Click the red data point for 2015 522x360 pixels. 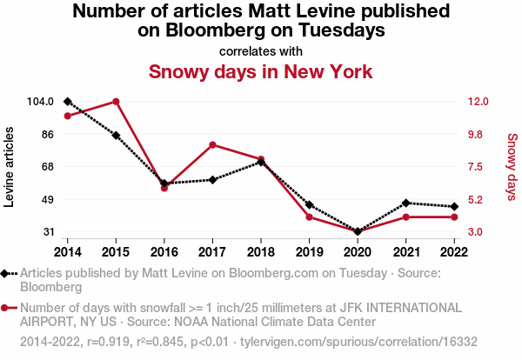[116, 102]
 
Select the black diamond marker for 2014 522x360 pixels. [68, 102]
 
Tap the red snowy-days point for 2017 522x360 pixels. [212, 144]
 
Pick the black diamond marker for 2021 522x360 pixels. [405, 203]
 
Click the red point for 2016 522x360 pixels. [164, 188]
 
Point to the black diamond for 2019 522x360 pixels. [309, 204]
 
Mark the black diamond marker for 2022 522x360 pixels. [454, 206]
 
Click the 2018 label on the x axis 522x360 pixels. [261, 251]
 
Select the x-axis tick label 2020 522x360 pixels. [358, 251]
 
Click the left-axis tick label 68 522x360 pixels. [46, 167]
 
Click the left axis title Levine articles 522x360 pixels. [10, 166]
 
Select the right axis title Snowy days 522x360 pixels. [512, 166]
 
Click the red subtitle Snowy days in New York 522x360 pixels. [260, 71]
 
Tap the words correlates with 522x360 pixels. [260, 50]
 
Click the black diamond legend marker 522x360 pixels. [9, 273]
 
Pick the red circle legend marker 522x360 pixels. [9, 308]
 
